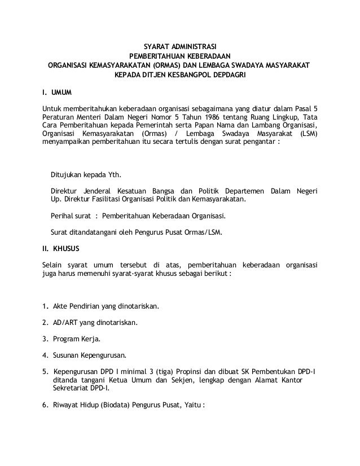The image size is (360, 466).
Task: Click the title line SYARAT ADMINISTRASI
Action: click(x=180, y=46)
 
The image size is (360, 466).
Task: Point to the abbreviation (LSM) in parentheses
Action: click(x=308, y=134)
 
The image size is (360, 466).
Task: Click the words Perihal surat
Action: click(x=69, y=216)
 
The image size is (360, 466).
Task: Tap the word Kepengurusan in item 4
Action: click(x=104, y=356)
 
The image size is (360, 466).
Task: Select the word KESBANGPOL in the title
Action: click(x=179, y=74)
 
